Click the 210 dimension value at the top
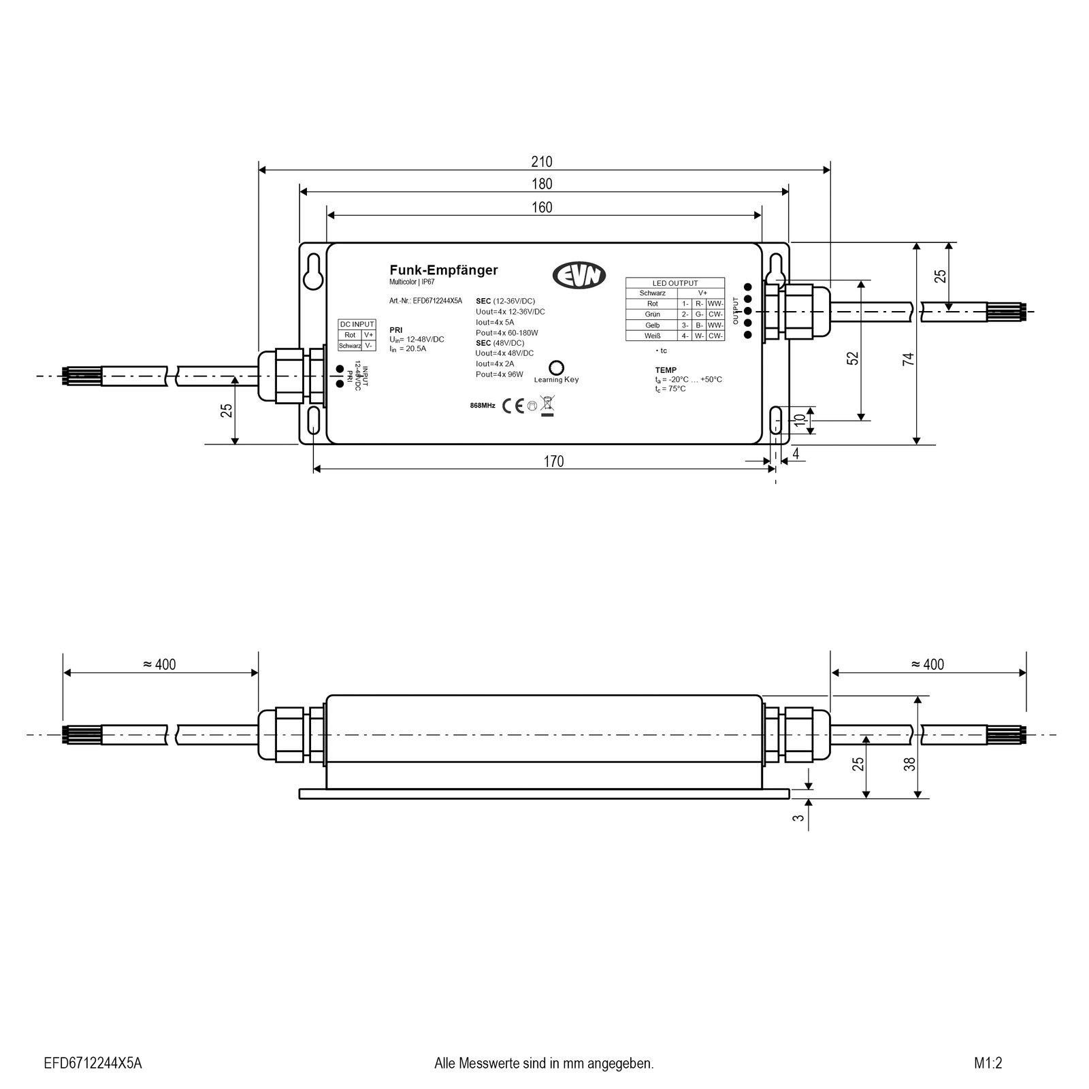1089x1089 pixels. point(542,162)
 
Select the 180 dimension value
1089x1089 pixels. point(542,184)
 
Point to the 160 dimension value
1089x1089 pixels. point(542,207)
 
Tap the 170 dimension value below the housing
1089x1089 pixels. point(553,461)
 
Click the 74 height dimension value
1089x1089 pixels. point(908,359)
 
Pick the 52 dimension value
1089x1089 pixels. point(853,358)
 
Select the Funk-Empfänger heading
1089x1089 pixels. point(443,270)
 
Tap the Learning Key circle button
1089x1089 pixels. point(555,368)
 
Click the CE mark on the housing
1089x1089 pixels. point(513,406)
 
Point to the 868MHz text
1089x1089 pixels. point(483,406)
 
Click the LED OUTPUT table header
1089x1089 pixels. point(674,283)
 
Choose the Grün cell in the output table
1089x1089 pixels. point(652,314)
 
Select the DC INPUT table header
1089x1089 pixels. point(357,325)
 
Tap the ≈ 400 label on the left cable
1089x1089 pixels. point(160,664)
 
